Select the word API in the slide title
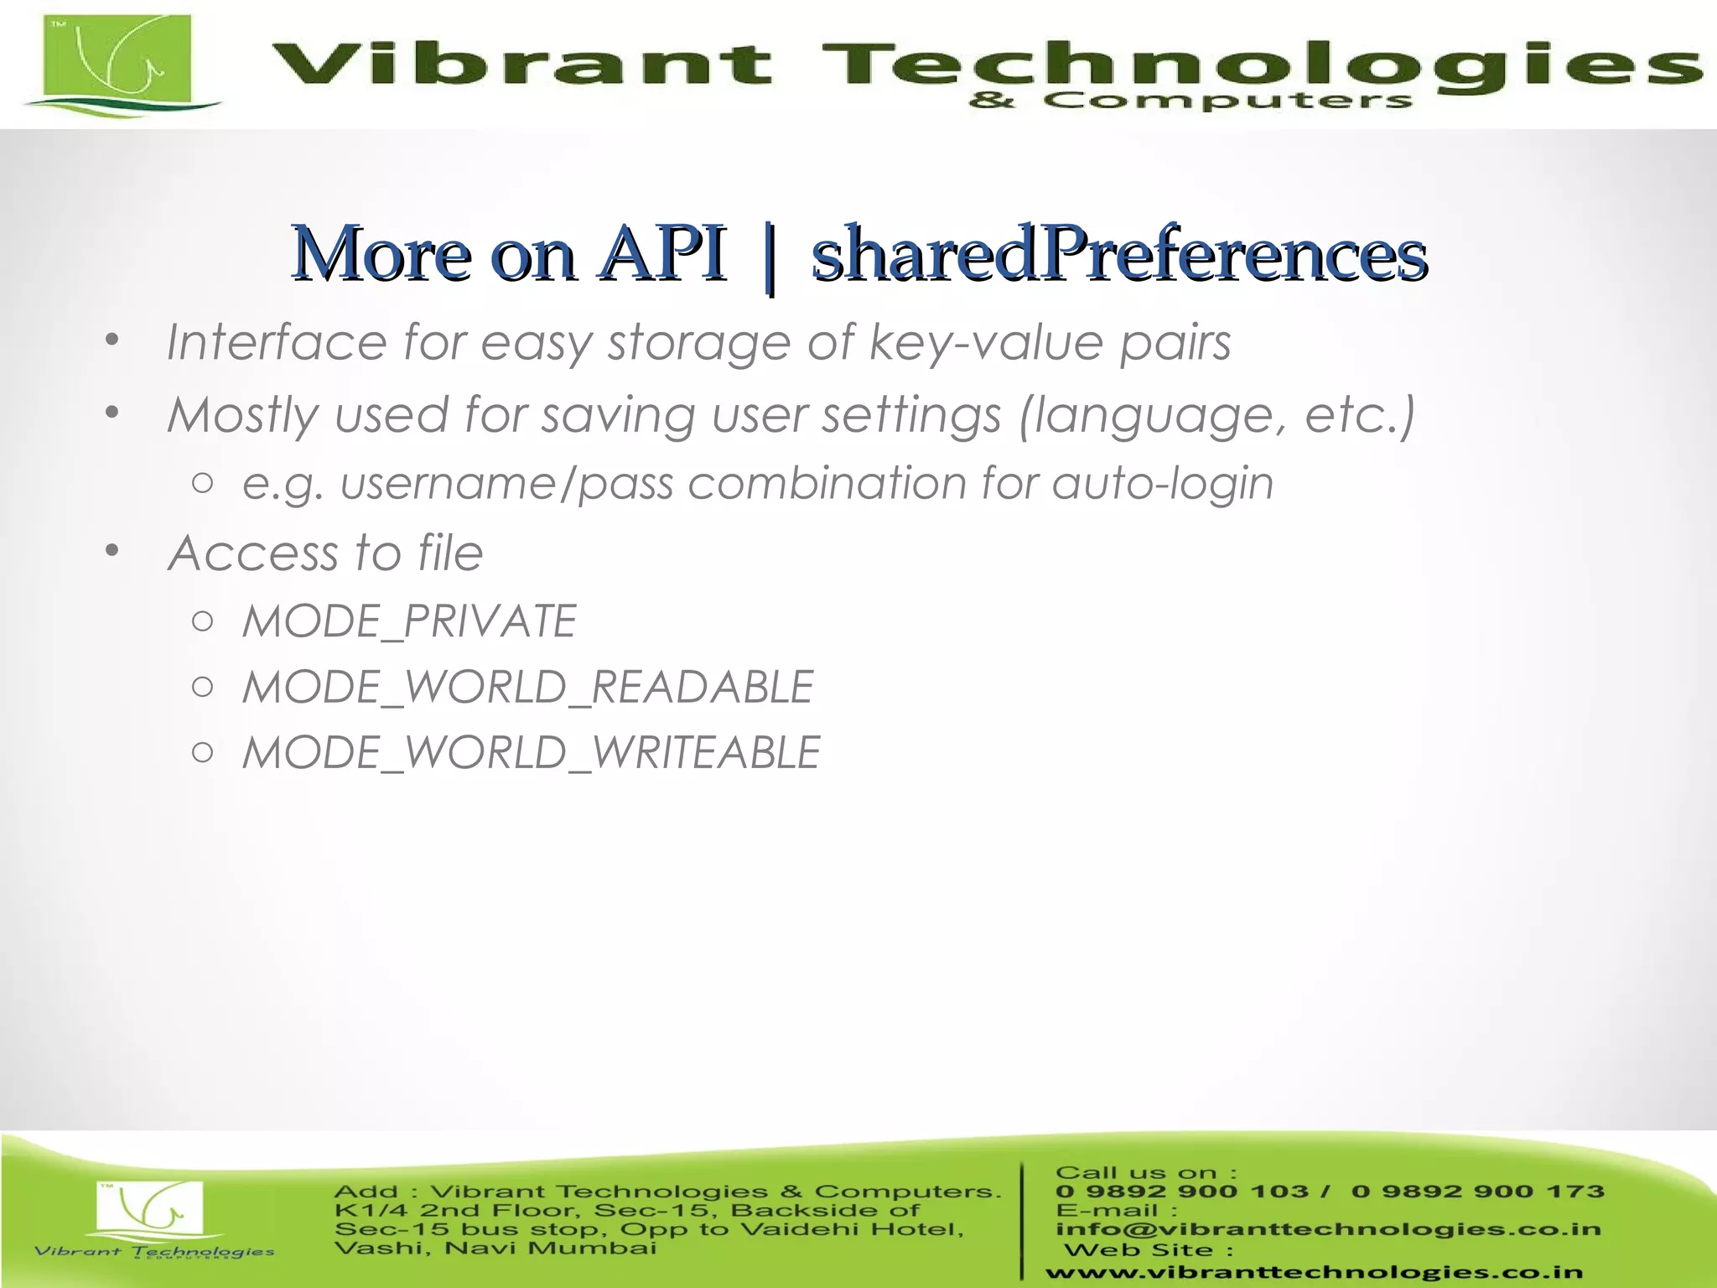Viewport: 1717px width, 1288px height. [x=662, y=253]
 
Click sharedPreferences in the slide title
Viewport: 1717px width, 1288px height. [x=1119, y=253]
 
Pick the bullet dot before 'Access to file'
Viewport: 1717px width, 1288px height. [x=112, y=551]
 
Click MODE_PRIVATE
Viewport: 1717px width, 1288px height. [x=409, y=621]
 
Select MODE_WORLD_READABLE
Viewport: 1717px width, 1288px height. [x=527, y=687]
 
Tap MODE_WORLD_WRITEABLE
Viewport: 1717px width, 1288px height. [x=531, y=752]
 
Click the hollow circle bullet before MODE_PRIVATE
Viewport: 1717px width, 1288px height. [x=202, y=621]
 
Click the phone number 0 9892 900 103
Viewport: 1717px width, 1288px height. [x=1182, y=1192]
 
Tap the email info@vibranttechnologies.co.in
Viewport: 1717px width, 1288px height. [x=1328, y=1229]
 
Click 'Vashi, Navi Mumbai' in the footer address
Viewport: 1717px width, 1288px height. [x=495, y=1249]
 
